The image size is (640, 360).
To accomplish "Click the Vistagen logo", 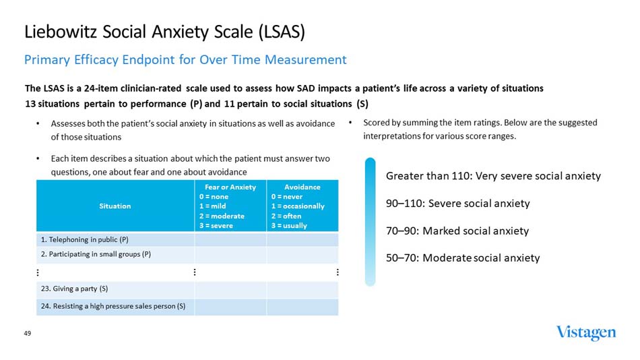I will pos(585,333).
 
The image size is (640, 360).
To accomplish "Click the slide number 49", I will pos(28,334).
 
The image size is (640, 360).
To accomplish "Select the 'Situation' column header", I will pos(115,206).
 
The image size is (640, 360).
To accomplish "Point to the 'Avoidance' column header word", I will pos(302,187).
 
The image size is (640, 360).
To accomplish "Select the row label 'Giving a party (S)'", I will pos(74,289).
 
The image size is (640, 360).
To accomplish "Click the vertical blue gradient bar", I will pos(370,222).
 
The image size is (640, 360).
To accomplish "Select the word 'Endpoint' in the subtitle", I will pos(150,60).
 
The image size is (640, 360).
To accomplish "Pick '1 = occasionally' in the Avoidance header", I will pos(298,206).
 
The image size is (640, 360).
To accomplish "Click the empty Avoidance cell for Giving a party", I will pos(302,289).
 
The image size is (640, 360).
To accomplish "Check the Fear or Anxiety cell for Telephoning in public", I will pos(230,239).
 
